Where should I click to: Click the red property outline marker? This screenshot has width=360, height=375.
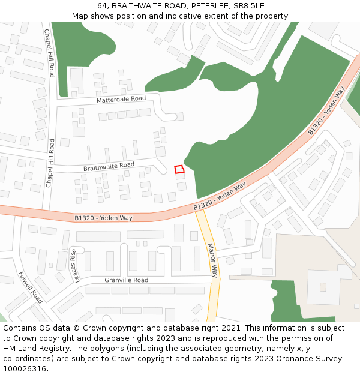[179, 170]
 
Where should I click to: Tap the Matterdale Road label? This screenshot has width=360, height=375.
[121, 99]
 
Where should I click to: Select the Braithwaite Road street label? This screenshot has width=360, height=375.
[109, 166]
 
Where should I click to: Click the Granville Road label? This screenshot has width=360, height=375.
[126, 280]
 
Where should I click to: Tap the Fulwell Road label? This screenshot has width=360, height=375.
[31, 287]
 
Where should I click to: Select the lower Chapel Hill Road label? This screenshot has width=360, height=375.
[50, 163]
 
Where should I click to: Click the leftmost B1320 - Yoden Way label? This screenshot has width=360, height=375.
[104, 218]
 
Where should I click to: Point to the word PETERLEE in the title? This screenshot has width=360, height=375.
[211, 6]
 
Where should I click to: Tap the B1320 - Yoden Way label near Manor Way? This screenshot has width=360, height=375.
[220, 196]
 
